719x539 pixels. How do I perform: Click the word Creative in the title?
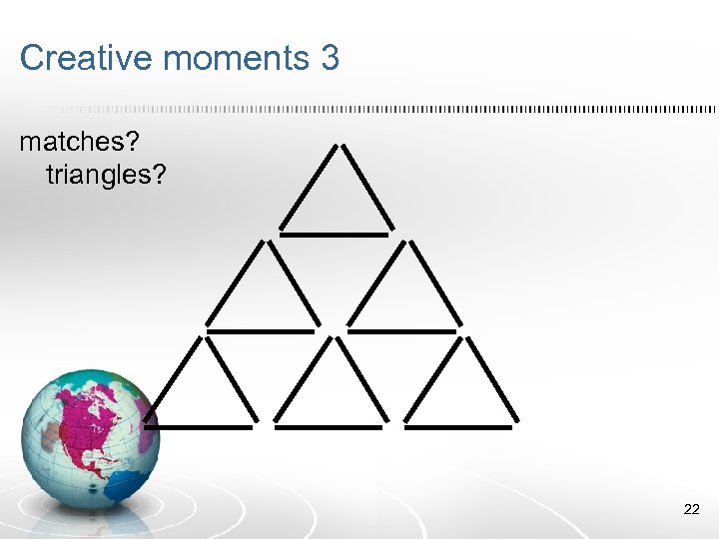(86, 58)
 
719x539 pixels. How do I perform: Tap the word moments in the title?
(235, 58)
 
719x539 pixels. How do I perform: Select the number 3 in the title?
(331, 58)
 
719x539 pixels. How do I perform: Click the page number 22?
(691, 510)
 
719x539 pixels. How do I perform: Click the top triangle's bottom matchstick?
(334, 235)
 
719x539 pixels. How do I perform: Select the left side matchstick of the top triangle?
(309, 187)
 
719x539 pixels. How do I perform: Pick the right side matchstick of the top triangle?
(366, 187)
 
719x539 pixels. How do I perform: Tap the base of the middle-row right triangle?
(401, 330)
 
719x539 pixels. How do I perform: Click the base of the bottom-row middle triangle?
(329, 428)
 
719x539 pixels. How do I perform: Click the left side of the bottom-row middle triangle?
(302, 379)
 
